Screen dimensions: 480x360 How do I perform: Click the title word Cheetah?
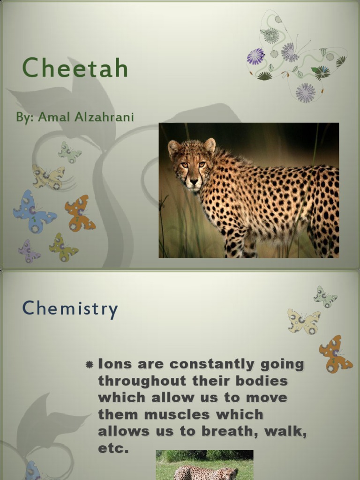point(75,68)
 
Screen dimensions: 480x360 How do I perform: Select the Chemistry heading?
point(70,309)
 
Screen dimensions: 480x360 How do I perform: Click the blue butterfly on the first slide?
point(34,211)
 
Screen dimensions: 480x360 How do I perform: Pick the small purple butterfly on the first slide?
point(29,251)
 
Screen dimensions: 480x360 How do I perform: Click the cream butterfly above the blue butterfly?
point(48,177)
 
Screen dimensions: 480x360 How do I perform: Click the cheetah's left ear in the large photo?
point(210,145)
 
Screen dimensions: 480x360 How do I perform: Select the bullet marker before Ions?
point(90,365)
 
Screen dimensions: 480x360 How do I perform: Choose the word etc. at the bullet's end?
point(113,449)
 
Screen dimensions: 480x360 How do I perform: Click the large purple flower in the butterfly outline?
point(255,57)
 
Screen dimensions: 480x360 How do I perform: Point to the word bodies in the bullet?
point(264,381)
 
